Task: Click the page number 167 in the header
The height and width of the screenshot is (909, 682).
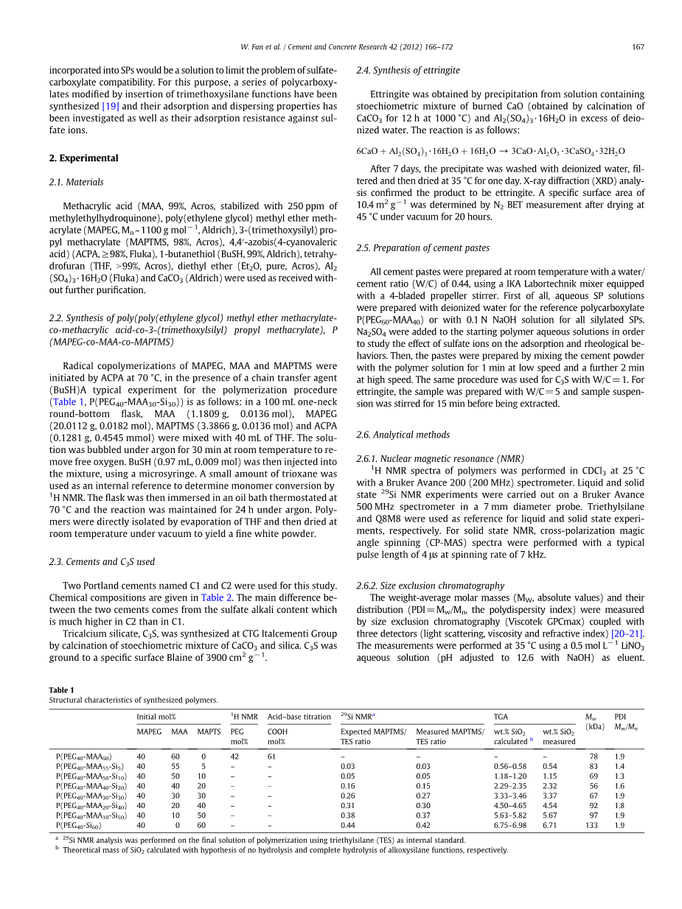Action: [638, 47]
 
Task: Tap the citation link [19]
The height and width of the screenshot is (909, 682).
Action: [111, 106]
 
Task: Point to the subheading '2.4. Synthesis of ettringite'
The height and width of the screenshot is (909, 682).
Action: [408, 71]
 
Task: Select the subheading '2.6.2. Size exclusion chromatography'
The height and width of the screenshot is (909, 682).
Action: [431, 586]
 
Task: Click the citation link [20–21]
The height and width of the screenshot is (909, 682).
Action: [627, 634]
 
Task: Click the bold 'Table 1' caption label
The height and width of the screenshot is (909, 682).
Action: [62, 690]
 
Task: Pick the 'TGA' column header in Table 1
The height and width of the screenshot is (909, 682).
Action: [501, 717]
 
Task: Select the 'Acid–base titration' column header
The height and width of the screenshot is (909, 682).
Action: [299, 717]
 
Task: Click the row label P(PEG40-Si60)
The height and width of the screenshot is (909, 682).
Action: [83, 826]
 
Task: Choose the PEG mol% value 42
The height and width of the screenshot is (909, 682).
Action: [235, 756]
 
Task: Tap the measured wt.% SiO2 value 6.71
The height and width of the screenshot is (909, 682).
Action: [550, 826]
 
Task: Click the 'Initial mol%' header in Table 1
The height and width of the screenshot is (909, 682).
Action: [156, 717]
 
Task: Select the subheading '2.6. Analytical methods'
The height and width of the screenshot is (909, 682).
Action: [403, 435]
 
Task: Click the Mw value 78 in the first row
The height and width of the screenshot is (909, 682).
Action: [594, 756]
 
